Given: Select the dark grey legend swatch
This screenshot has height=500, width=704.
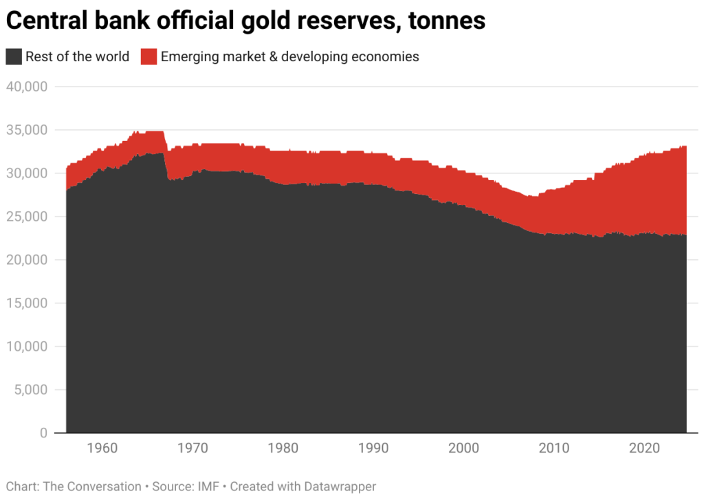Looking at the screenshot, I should click(14, 56).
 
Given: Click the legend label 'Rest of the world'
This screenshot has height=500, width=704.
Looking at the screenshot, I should click(77, 56).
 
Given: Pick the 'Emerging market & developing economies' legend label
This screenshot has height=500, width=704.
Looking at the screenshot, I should click(289, 56).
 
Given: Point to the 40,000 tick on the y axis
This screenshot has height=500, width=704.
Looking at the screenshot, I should click(26, 87).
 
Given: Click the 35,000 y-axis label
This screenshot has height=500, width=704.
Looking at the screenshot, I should click(26, 130).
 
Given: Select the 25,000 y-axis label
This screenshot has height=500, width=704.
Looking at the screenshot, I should click(26, 217).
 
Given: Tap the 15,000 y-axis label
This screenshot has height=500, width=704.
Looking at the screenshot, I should click(26, 303).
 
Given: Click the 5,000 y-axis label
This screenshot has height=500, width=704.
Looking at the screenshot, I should click(30, 390).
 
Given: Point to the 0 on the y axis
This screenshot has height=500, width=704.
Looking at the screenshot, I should click(43, 433).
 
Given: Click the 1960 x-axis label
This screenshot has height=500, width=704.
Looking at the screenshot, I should click(102, 448).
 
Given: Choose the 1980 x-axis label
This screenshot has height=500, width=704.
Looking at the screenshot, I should click(283, 448).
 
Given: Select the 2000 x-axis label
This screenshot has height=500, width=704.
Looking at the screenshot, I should click(464, 448).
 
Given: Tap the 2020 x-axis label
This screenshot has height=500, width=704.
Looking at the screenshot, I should click(645, 448).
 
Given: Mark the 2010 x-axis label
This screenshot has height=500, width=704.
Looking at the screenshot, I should click(554, 448).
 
